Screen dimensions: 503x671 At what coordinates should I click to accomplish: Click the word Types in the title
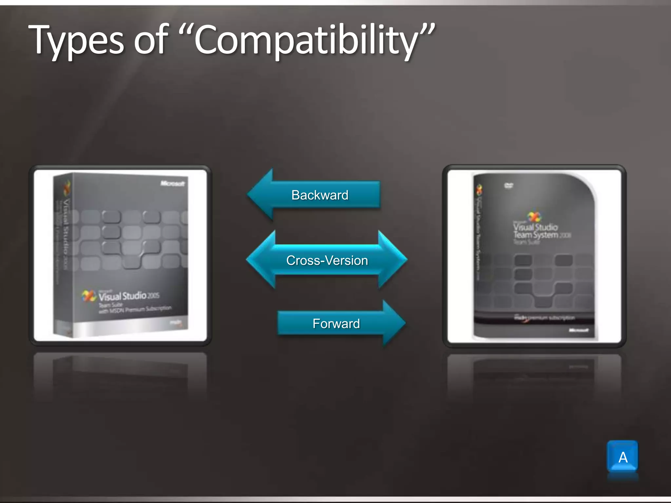pos(76,41)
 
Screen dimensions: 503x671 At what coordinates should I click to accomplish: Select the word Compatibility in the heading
pos(306,41)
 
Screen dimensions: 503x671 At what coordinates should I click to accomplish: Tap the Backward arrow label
pos(320,195)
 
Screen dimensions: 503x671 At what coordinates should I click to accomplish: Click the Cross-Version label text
pos(327,261)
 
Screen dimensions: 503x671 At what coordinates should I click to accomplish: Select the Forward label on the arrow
pos(336,324)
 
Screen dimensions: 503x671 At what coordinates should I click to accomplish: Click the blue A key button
pos(623,457)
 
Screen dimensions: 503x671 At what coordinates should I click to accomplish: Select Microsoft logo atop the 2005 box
pos(173,183)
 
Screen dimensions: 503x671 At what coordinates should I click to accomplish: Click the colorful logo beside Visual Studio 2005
pos(88,296)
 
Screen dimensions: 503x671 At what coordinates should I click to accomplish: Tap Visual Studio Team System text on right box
pos(536,231)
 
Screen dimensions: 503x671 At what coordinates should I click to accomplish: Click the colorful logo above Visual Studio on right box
pos(534,216)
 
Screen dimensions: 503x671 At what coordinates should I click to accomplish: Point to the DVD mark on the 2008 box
pos(509,185)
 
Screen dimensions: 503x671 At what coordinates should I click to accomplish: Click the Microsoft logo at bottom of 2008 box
pos(579,330)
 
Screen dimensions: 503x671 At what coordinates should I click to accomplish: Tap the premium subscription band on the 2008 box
pos(544,318)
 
